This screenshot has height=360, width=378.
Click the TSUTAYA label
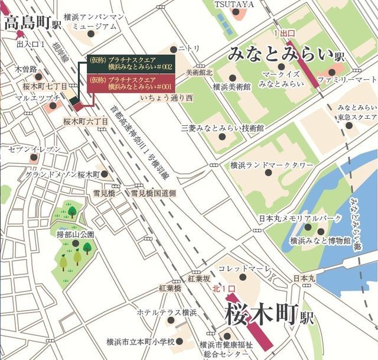234,5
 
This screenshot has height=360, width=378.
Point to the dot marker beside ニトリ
173,50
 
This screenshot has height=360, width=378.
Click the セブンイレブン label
34,149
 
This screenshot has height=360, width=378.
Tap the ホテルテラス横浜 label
167,312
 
